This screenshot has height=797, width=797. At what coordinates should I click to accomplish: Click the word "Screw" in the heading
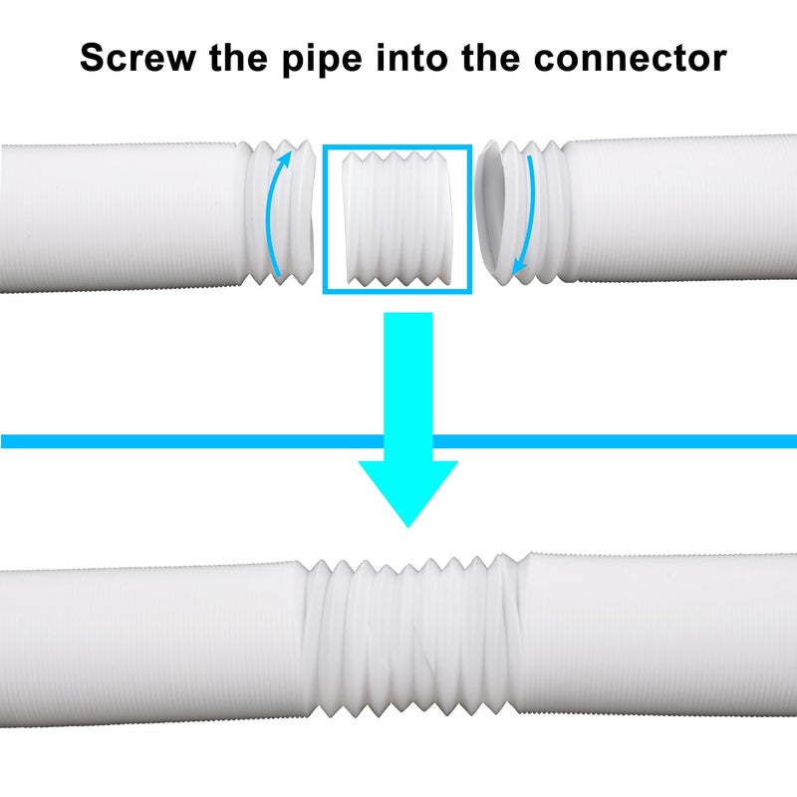pyautogui.click(x=137, y=58)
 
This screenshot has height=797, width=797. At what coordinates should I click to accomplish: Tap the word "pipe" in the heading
pyautogui.click(x=322, y=60)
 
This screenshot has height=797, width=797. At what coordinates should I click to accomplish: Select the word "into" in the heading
pyautogui.click(x=412, y=57)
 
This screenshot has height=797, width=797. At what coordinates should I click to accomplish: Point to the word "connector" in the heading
pyautogui.click(x=631, y=59)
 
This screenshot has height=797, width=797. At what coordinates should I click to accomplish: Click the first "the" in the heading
pyautogui.click(x=238, y=57)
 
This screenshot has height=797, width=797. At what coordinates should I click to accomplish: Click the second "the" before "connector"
pyautogui.click(x=491, y=57)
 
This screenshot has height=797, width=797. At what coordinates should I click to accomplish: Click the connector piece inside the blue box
pyautogui.click(x=397, y=218)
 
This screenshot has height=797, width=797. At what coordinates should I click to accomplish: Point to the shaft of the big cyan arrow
pyautogui.click(x=408, y=387)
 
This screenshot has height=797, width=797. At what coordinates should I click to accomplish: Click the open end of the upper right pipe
pyautogui.click(x=492, y=212)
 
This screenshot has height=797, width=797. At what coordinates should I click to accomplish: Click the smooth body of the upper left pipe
pyautogui.click(x=122, y=217)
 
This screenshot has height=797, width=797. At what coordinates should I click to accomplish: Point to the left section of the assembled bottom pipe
pyautogui.click(x=151, y=643)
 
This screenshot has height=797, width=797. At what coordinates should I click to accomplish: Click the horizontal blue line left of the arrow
pyautogui.click(x=192, y=441)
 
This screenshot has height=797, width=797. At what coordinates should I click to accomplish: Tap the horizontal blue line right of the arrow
pyautogui.click(x=615, y=441)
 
